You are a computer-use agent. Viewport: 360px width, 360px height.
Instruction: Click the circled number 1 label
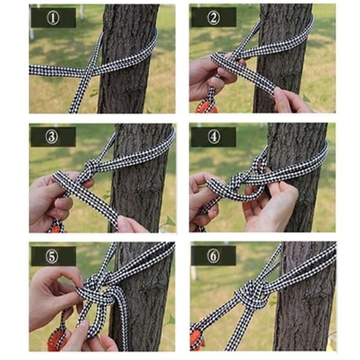click(x=53, y=18)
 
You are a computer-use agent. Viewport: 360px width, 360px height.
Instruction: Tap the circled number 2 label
click(x=214, y=17)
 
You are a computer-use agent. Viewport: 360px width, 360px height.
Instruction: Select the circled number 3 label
click(x=52, y=137)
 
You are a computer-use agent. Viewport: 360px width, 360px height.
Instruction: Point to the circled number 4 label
click(x=214, y=137)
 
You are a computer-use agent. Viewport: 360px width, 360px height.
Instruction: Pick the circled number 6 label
click(x=214, y=256)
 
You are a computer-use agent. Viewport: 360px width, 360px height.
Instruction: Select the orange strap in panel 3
click(x=57, y=228)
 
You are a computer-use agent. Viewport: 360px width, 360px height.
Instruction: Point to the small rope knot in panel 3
click(x=90, y=166)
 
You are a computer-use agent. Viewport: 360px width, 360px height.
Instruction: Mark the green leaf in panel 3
click(x=169, y=222)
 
